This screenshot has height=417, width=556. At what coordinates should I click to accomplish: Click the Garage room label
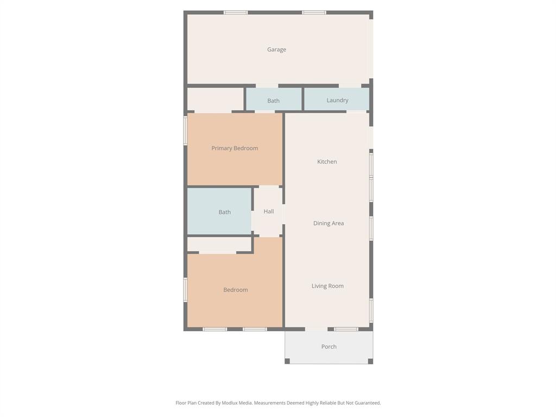click(x=276, y=49)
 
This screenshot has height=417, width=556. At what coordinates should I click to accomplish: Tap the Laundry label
click(x=337, y=100)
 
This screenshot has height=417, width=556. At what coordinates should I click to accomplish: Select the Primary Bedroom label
click(x=235, y=148)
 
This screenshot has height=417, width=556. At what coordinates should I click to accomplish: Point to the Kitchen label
click(x=327, y=161)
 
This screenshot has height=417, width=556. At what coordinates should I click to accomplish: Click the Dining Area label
click(x=328, y=223)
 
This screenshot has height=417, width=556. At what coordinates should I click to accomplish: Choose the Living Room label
click(x=327, y=286)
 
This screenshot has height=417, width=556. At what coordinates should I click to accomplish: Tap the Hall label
click(x=269, y=211)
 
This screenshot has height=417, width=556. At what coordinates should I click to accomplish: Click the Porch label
click(x=329, y=346)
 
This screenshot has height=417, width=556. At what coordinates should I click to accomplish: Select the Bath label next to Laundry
click(x=273, y=100)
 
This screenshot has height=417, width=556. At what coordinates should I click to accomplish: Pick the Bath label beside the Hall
click(x=225, y=212)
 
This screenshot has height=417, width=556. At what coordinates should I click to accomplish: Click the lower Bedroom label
click(x=236, y=290)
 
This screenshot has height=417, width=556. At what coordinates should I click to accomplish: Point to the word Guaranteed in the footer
click(x=367, y=403)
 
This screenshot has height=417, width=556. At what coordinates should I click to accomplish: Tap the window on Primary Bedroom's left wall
click(x=185, y=130)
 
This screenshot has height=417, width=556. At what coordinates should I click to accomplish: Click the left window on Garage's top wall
click(x=236, y=12)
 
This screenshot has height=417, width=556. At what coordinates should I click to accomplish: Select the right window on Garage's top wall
click(x=314, y=12)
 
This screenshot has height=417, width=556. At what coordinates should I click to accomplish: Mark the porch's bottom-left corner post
click(x=287, y=361)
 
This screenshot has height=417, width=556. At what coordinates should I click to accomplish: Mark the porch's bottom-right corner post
click(x=370, y=361)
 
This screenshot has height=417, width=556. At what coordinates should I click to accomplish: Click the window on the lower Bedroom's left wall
click(x=185, y=289)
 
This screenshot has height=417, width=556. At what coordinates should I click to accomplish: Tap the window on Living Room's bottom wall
click(x=346, y=329)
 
